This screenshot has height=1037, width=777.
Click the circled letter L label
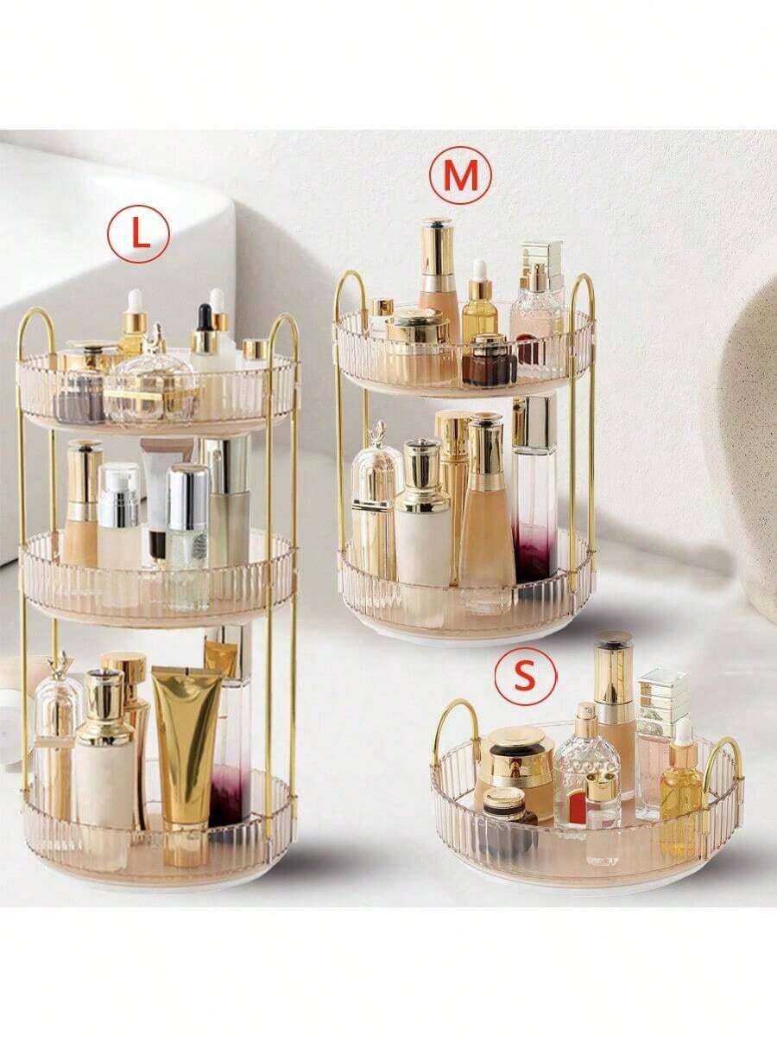[x=138, y=238]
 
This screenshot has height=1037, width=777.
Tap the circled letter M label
[x=459, y=175]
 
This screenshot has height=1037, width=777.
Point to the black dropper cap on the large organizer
[x=205, y=315]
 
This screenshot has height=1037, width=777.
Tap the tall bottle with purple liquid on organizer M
[x=534, y=493]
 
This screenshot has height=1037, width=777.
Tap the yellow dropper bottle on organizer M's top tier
[x=481, y=306]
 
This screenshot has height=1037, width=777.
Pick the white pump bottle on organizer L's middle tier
[x=120, y=515]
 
